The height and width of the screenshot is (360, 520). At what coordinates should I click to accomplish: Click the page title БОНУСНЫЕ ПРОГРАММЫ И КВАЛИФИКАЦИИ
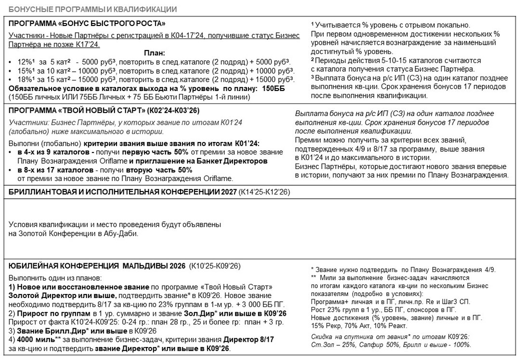tap(92, 9)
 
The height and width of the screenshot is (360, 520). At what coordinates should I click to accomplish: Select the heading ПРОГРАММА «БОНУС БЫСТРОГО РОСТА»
tap(87, 24)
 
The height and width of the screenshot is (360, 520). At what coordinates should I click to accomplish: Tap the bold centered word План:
tap(155, 53)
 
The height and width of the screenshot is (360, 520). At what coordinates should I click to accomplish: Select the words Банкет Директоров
tap(233, 161)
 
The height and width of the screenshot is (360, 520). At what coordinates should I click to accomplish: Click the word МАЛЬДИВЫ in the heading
tap(145, 266)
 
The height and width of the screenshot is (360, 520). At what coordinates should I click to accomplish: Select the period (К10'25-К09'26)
tap(215, 266)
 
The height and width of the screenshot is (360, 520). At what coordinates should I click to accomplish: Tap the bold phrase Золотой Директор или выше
tap(63, 296)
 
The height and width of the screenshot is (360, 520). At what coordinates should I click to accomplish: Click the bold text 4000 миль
tap(32, 339)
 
